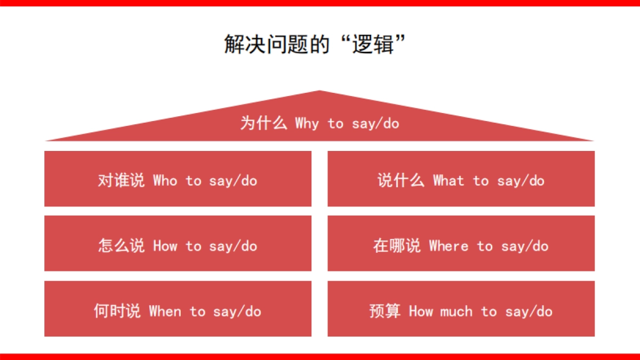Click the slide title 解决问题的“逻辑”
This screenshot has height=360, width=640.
(x=316, y=45)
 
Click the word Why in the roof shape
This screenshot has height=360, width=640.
(x=307, y=124)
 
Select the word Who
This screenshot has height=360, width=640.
(x=165, y=181)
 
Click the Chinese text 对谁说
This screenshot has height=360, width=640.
(x=121, y=181)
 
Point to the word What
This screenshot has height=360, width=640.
(x=449, y=181)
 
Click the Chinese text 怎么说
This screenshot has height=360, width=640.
(x=121, y=246)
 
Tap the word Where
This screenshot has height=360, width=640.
(x=449, y=246)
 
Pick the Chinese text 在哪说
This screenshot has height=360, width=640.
(x=396, y=246)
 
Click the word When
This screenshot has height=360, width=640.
(x=165, y=311)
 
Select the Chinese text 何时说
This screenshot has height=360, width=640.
(x=117, y=311)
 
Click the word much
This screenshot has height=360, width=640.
(x=457, y=311)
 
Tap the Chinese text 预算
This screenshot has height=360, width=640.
(x=385, y=311)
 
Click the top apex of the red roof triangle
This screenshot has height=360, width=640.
(x=319, y=92)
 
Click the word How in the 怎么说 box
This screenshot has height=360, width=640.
(x=165, y=246)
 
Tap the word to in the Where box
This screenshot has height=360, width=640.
(x=485, y=246)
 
